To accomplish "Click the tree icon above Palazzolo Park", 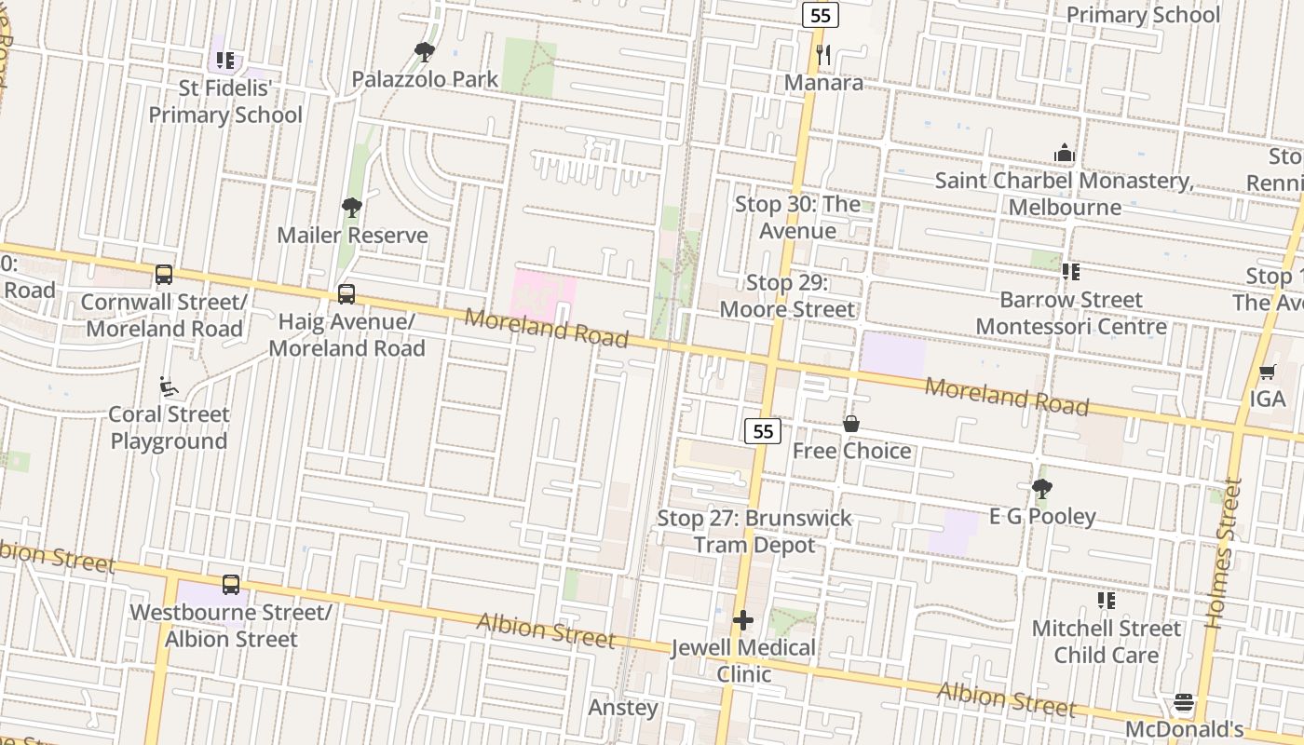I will [425, 52].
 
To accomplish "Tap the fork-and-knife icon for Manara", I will [822, 55].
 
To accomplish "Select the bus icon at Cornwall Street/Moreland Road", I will [164, 275].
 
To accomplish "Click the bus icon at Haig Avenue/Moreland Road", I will [346, 294].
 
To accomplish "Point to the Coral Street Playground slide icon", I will [169, 386].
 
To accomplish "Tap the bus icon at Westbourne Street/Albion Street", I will [231, 585].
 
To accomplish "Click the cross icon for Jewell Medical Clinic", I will [743, 620].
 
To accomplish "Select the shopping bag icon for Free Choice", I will [851, 424].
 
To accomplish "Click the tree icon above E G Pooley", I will [1042, 489].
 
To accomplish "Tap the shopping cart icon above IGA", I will [1267, 372].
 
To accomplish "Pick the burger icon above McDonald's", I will [1184, 701].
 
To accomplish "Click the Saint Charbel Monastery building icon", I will [1064, 153].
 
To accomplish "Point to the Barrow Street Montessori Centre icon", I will [1071, 272].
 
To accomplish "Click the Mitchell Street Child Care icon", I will [1106, 601].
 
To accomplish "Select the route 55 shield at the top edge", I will [821, 15].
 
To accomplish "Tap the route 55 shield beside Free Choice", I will [763, 430].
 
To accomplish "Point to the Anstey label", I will [623, 708].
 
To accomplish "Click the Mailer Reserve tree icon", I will [351, 208].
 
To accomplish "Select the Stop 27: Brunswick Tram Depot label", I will [754, 532].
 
